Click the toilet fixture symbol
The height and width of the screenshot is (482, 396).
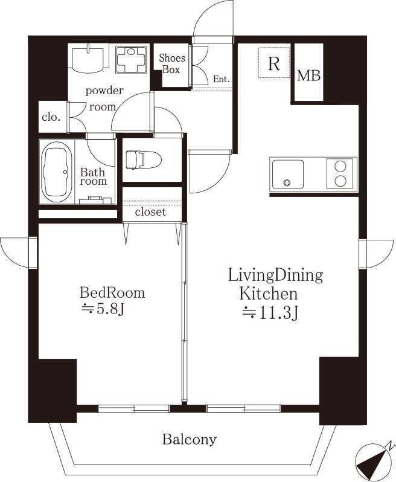pyautogui.click(x=144, y=160)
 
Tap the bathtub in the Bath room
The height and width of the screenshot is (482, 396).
pyautogui.click(x=57, y=172)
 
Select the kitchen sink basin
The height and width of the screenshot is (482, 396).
pyautogui.click(x=288, y=175)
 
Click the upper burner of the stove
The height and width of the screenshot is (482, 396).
pyautogui.click(x=340, y=166)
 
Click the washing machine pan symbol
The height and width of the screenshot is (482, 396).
pyautogui.click(x=131, y=60)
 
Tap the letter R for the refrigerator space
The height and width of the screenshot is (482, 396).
pyautogui.click(x=274, y=63)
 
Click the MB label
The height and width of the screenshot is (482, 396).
pyautogui.click(x=308, y=76)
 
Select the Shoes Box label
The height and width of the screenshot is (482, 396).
pyautogui.click(x=171, y=63)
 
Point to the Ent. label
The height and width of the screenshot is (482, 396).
pyautogui.click(x=221, y=79)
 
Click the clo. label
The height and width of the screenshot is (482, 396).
pyautogui.click(x=51, y=117)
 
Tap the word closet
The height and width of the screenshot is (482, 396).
pyautogui.click(x=150, y=211)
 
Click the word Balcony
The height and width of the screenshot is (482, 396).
pyautogui.click(x=190, y=439)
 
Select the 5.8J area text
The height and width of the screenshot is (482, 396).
pyautogui.click(x=103, y=309)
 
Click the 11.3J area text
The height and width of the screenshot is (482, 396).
pyautogui.click(x=270, y=313)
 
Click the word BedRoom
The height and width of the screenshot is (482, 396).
pyautogui.click(x=112, y=292)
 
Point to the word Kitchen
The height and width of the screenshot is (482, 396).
pyautogui.click(x=269, y=294)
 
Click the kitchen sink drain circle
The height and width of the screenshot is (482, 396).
pyautogui.click(x=287, y=183)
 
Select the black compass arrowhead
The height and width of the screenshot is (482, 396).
pyautogui.click(x=374, y=462)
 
